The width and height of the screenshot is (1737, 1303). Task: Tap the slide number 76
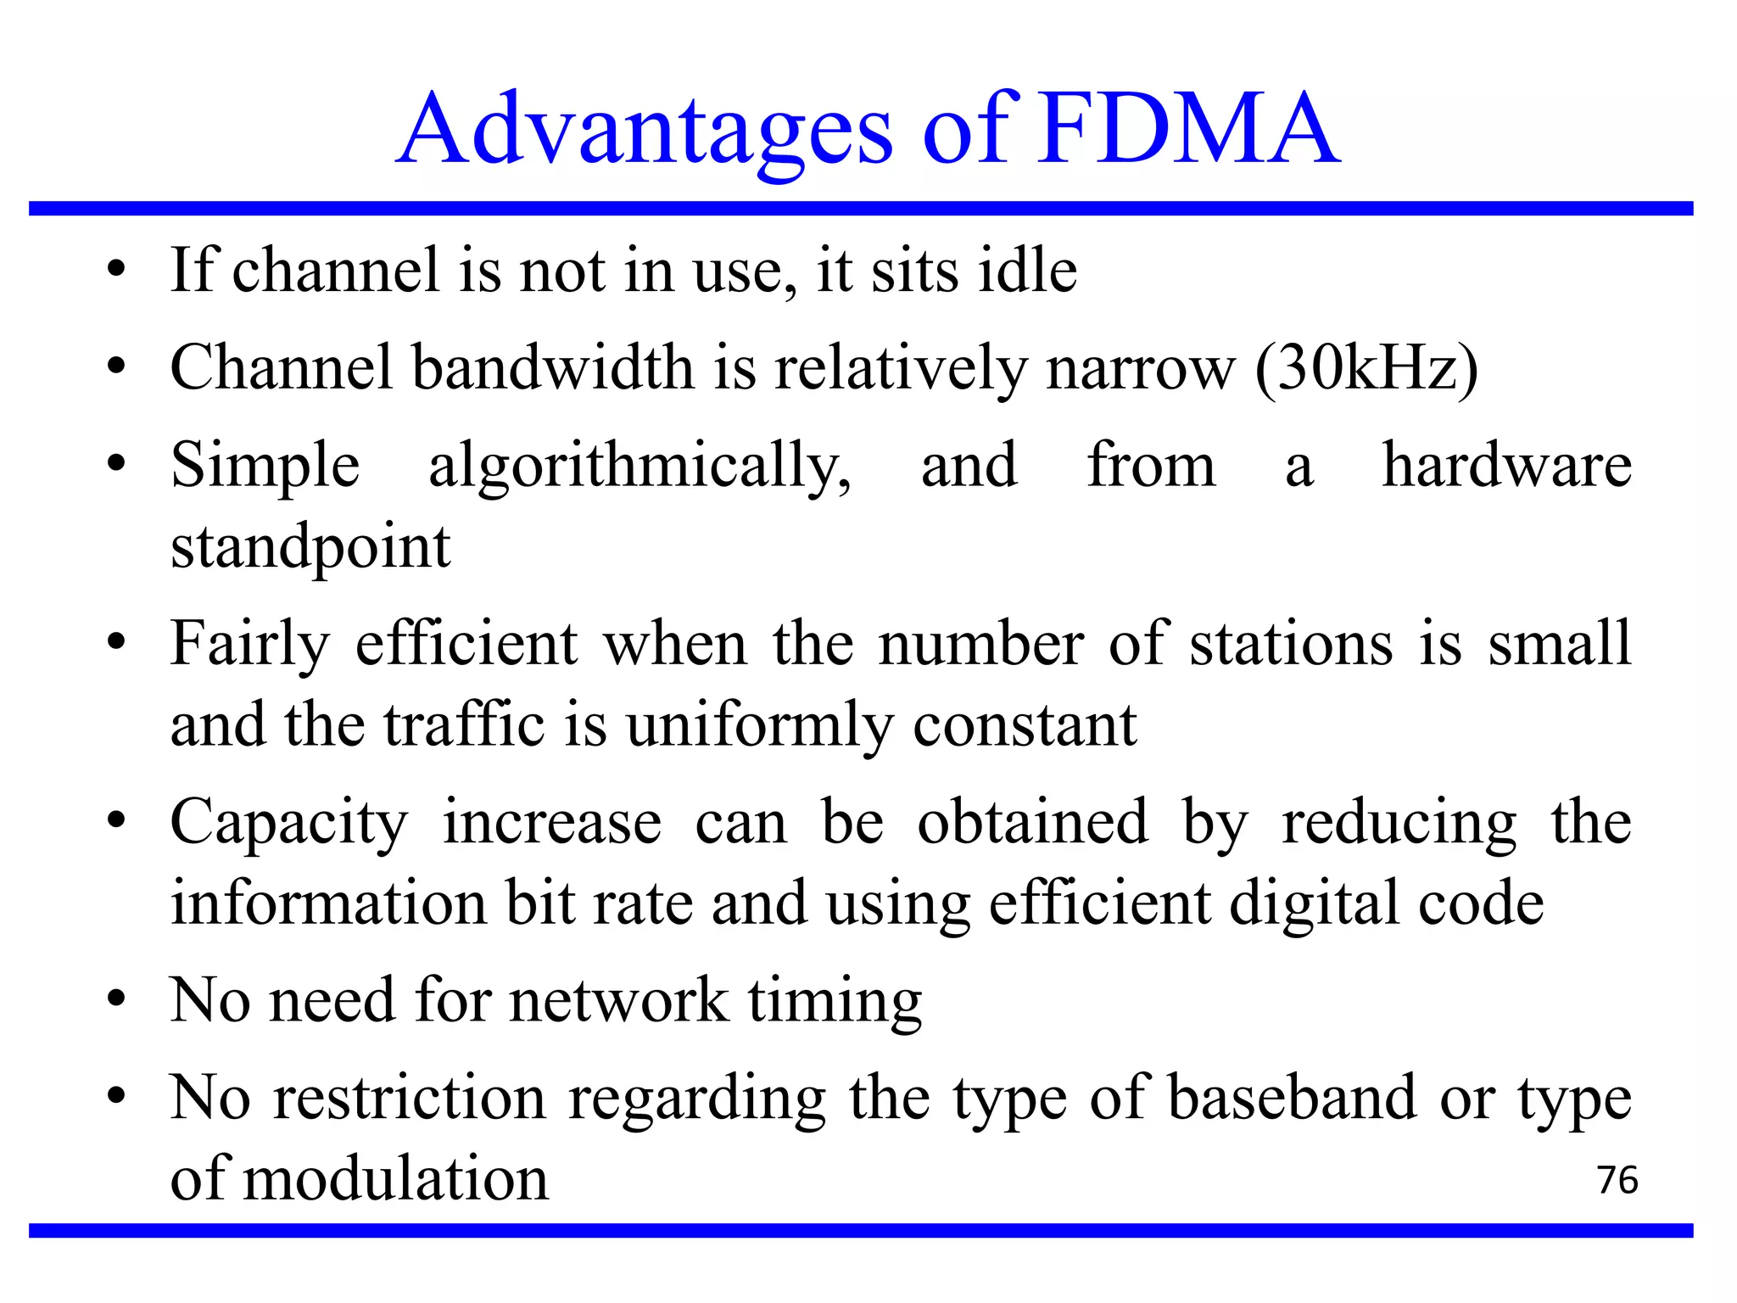[1617, 1180]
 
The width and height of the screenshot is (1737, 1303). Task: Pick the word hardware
[1506, 465]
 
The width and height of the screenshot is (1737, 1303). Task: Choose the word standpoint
[310, 548]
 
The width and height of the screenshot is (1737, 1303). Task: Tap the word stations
[1291, 643]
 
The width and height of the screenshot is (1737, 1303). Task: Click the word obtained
[1032, 821]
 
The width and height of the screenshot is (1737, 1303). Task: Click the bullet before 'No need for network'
[117, 1000]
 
